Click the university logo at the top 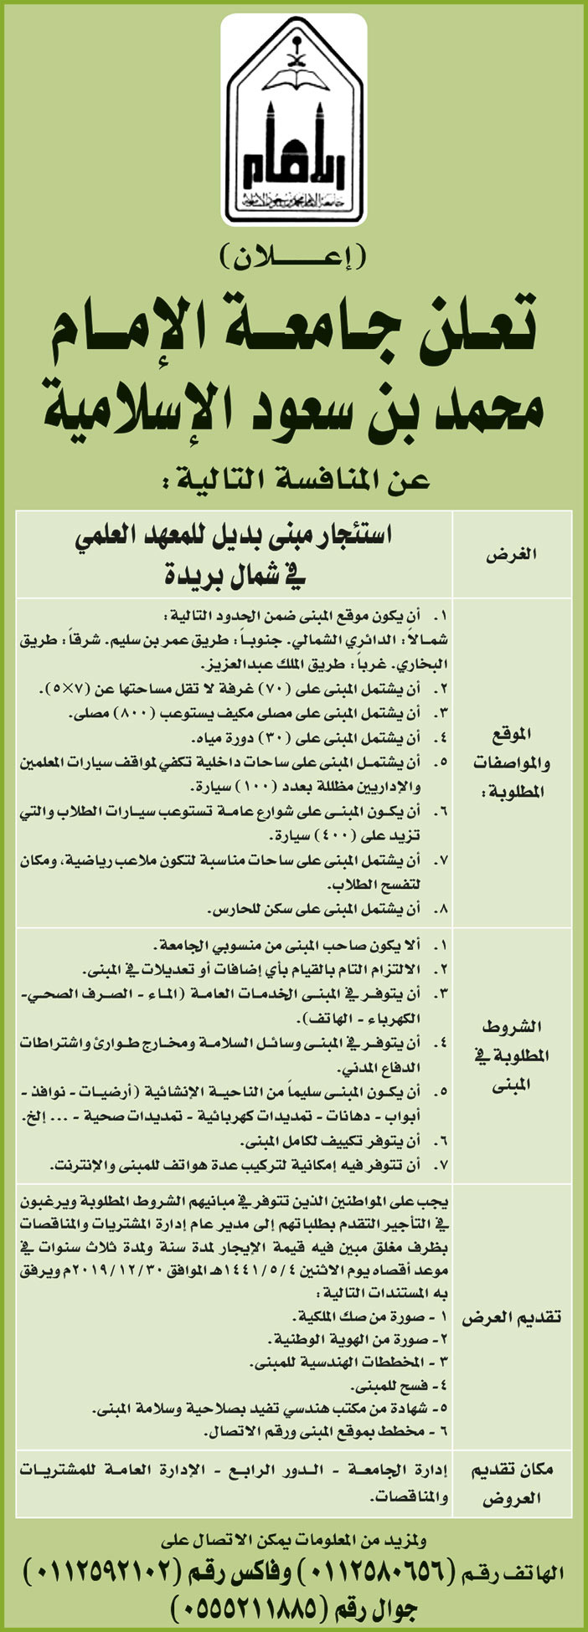[x=294, y=121]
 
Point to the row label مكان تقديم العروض [x=513, y=1484]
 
